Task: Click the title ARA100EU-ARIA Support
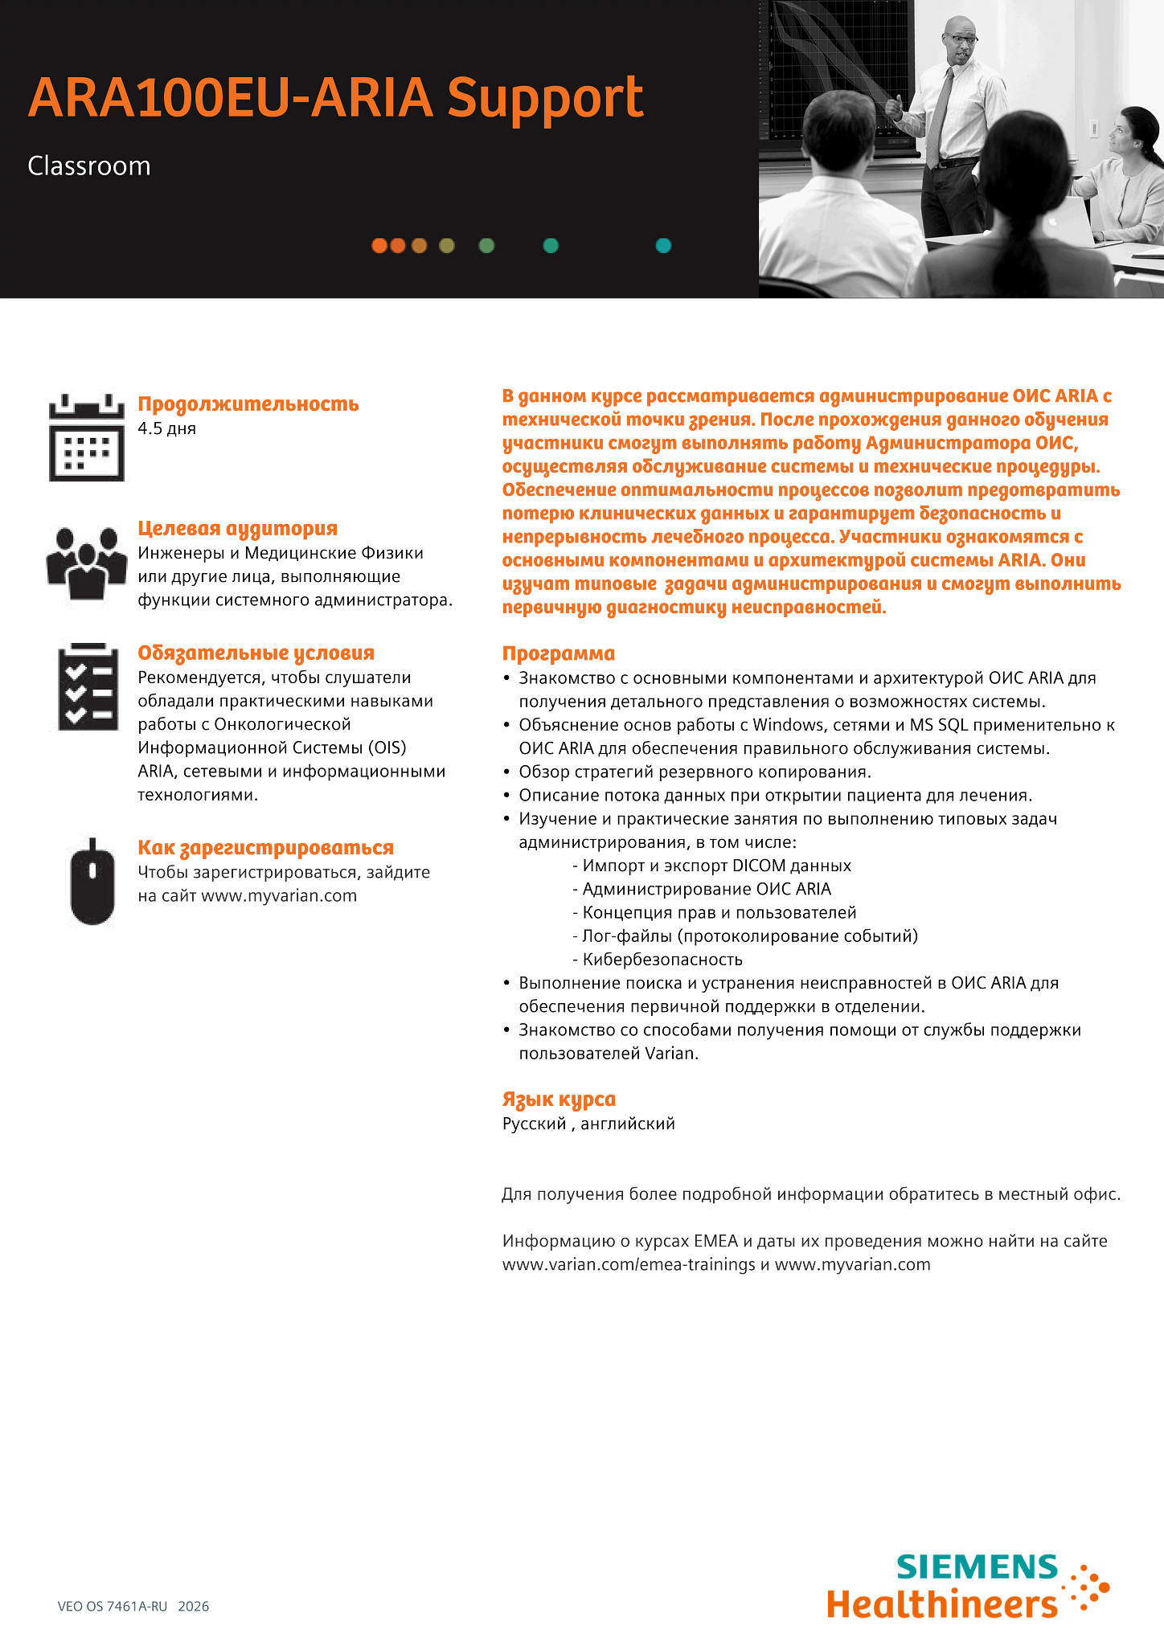point(335,98)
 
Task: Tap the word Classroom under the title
point(89,166)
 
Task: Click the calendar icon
point(87,438)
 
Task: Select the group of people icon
point(87,562)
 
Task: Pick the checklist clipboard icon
point(87,687)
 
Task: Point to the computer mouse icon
point(92,882)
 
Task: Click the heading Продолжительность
point(248,403)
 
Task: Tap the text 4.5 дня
point(166,428)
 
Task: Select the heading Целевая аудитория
point(237,528)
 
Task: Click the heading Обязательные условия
point(256,653)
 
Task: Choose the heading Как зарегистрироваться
point(265,847)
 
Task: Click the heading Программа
point(558,653)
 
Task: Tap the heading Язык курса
point(559,1099)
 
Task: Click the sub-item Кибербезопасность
point(662,959)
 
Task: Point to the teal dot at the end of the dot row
point(663,246)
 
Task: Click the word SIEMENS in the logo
point(977,1566)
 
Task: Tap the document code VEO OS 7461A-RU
point(113,1606)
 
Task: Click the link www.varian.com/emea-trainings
point(629,1264)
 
